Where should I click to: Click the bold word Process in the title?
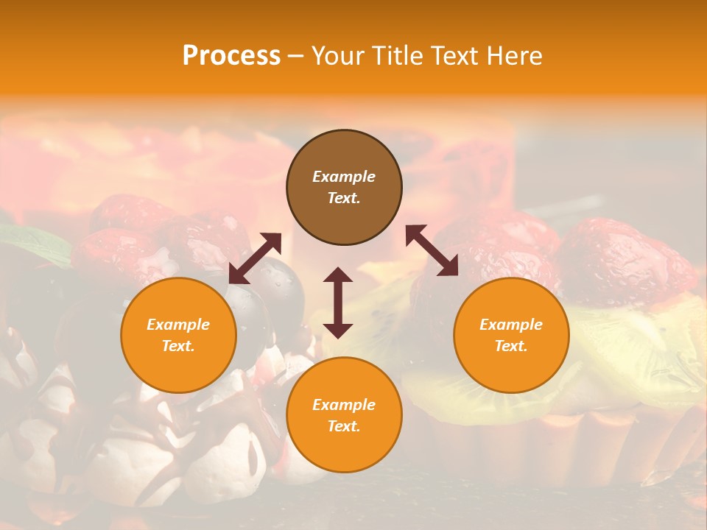[231, 55]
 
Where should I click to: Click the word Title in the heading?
[398, 55]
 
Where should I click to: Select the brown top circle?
[344, 188]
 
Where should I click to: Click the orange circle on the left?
[178, 336]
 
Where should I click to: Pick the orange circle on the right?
[511, 336]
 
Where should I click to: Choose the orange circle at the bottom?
[344, 415]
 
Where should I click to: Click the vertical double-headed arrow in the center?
[338, 303]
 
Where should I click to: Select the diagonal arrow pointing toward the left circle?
[255, 258]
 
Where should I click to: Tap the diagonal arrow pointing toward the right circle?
[432, 250]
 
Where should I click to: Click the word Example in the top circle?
[344, 177]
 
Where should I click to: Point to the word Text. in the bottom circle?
[344, 426]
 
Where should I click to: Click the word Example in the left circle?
[178, 325]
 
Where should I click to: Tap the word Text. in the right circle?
[511, 346]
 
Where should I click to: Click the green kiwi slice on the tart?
[633, 346]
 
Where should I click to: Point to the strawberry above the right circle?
[619, 258]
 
